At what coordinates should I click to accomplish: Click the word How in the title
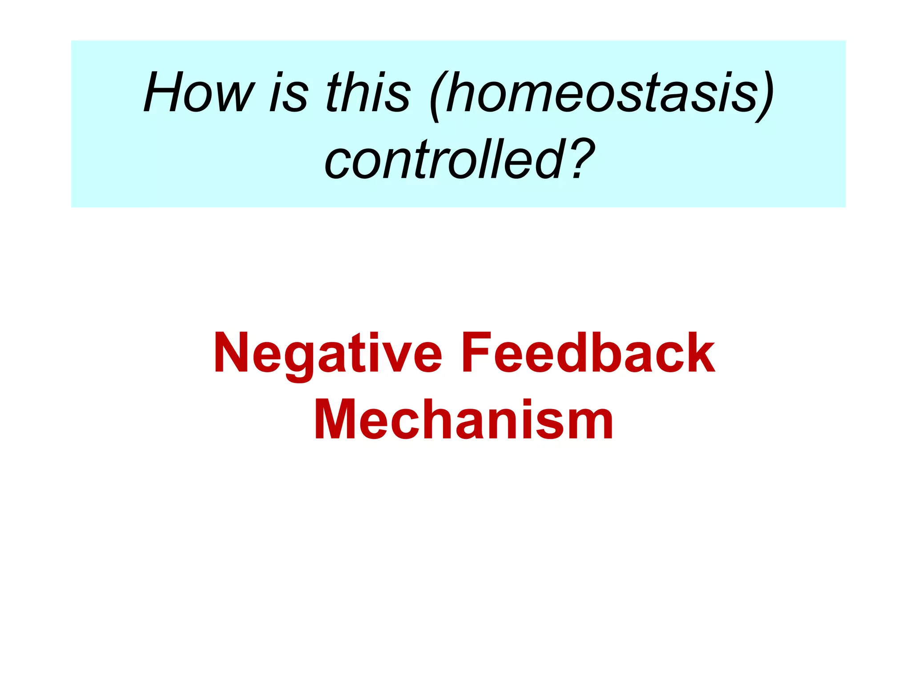(199, 92)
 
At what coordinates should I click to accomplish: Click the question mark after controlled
(580, 159)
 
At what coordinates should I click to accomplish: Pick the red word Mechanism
(464, 419)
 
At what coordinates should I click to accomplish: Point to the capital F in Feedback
(476, 353)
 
